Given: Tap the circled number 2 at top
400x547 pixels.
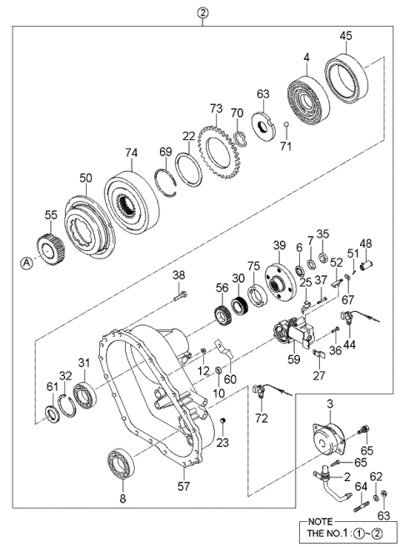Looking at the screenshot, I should pyautogui.click(x=201, y=12).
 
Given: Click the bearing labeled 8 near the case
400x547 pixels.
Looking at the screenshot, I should pyautogui.click(x=122, y=464).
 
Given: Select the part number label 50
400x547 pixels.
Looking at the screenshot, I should pyautogui.click(x=86, y=178).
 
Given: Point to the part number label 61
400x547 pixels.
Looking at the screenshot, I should pyautogui.click(x=52, y=386).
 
